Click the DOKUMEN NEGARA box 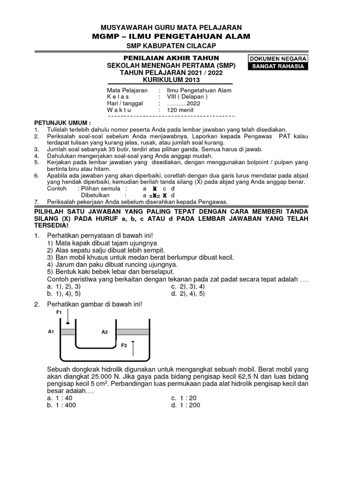coord(279,59)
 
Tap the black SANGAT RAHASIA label coord(279,67)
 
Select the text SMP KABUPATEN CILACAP coord(174,46)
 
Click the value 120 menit coord(180,110)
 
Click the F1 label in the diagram coord(59,312)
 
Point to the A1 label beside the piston coord(52,331)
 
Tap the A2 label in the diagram coord(105,332)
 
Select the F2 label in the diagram coord(124,345)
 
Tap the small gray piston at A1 coord(68,332)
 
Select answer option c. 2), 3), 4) coord(188,286)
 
